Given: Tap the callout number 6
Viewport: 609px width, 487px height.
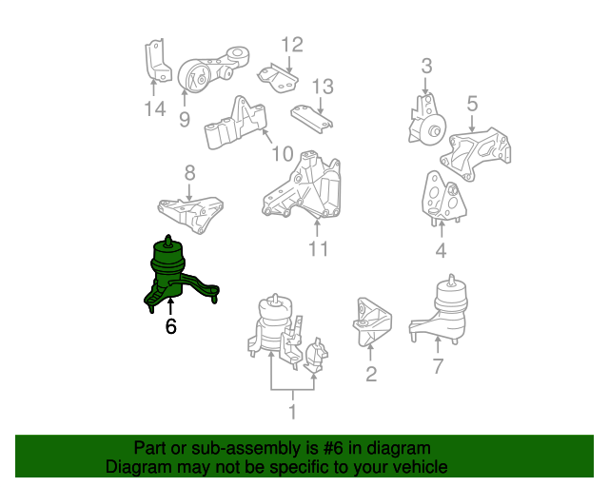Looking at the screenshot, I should (171, 327).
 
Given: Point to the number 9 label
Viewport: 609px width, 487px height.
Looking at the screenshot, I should (184, 119).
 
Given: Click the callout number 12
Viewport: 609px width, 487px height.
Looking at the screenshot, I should (291, 44).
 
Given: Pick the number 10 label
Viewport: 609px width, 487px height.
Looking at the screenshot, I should (283, 153).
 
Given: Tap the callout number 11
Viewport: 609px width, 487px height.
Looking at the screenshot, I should (318, 249).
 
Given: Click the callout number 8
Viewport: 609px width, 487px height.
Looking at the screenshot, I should (189, 172).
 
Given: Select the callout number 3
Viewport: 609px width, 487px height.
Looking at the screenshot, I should (426, 66).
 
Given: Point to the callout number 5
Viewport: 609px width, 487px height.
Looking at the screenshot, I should (472, 102).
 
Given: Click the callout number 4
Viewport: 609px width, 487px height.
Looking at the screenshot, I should (441, 251).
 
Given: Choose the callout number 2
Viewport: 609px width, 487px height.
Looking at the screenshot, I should (371, 374).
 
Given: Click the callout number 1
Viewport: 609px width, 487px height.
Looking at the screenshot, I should (292, 412).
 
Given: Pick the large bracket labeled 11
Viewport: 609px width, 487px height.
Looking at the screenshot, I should (304, 185).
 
